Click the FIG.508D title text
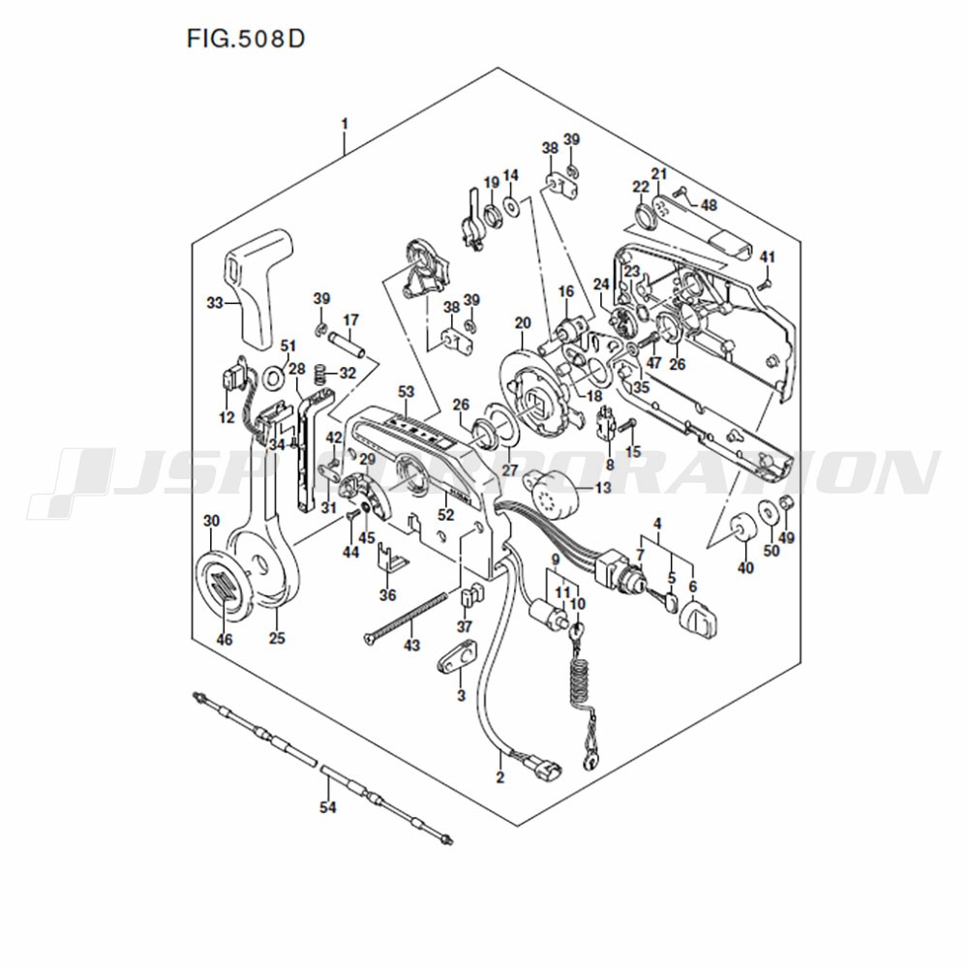[246, 39]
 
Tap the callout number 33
[215, 302]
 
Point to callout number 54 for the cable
[328, 806]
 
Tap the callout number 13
[602, 487]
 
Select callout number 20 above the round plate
[523, 323]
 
